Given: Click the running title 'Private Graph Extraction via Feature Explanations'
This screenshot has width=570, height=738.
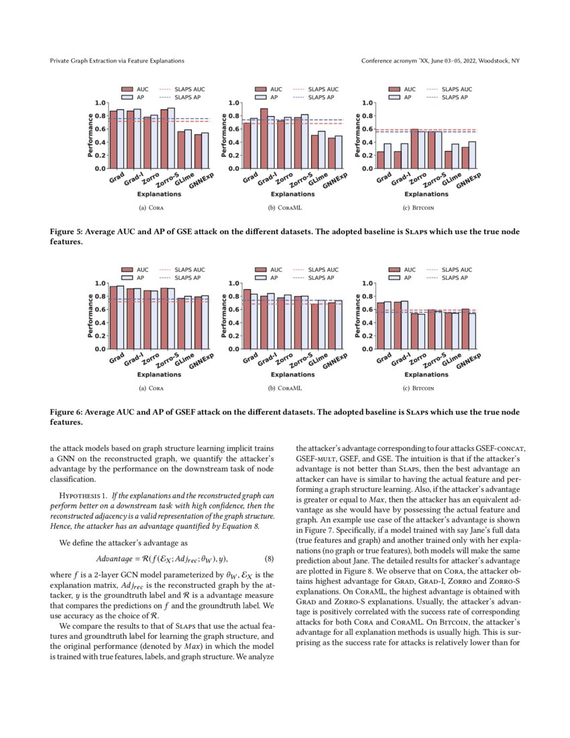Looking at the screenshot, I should point(117,61).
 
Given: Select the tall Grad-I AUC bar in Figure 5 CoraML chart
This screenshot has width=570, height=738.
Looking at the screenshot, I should point(264,138).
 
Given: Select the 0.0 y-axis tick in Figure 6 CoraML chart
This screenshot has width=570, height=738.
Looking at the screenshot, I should point(233,349).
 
